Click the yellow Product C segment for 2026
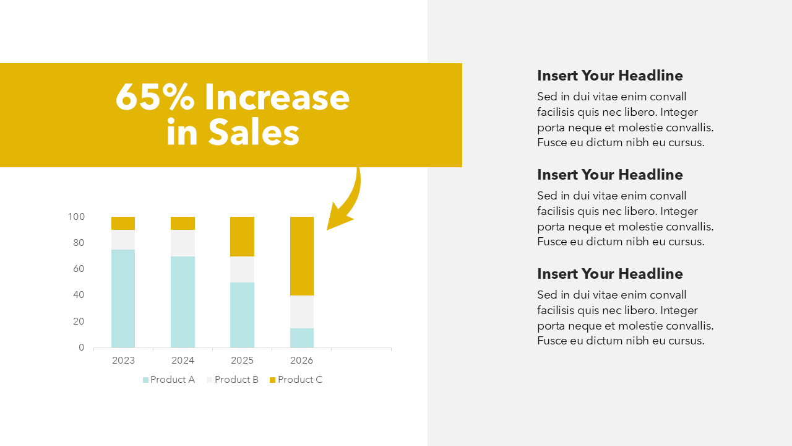[301, 256]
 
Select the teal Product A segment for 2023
[123, 299]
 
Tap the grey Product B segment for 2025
[242, 269]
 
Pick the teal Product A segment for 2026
[301, 338]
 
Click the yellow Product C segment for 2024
[183, 224]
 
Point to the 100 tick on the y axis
[76, 217]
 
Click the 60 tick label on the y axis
[79, 269]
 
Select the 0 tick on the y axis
[81, 348]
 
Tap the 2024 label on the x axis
[183, 361]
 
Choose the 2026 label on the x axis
[301, 361]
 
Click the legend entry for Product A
[169, 380]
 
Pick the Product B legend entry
[233, 380]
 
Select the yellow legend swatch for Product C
[272, 380]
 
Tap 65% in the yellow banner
[155, 97]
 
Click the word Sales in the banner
[254, 132]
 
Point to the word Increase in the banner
[277, 97]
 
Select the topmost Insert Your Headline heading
[610, 76]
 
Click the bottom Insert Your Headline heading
[610, 274]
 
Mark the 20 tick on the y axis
[79, 321]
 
